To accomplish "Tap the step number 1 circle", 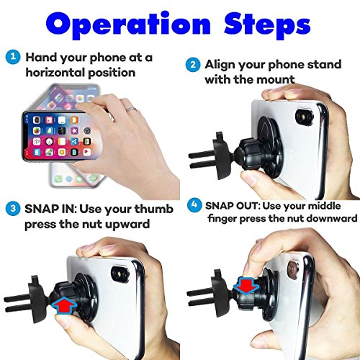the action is [x=13, y=57].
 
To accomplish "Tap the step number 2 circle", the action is [x=192, y=64].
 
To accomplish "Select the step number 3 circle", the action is [x=12, y=208].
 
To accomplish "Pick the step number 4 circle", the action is [x=194, y=204].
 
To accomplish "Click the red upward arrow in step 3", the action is [x=64, y=305].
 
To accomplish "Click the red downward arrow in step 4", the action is [x=246, y=286].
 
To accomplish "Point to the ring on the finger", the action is [x=131, y=109].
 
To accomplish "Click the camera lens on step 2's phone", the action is [x=305, y=117].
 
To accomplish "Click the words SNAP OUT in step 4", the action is [x=232, y=206].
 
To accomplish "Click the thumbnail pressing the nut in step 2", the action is [x=250, y=178].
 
